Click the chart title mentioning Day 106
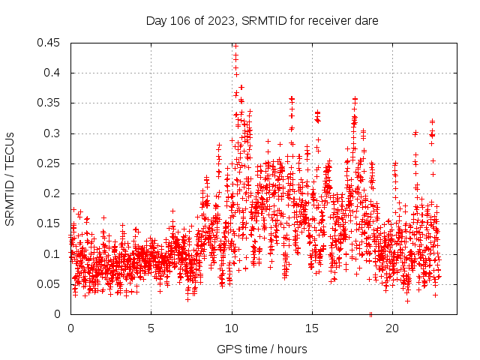262,21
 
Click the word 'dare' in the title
367,21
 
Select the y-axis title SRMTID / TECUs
10,178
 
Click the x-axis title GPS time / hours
262,349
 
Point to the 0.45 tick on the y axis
50,43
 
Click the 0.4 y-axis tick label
53,73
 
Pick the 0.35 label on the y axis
50,103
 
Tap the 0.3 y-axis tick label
53,133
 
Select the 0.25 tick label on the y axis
50,163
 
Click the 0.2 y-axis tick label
53,193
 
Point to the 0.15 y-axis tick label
50,223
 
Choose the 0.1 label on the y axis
53,253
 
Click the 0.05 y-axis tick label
50,284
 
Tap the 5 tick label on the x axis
151,328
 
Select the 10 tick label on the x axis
231,328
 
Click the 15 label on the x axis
311,328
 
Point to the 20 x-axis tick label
391,328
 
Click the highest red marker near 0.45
235,46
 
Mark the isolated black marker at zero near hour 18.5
370,313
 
